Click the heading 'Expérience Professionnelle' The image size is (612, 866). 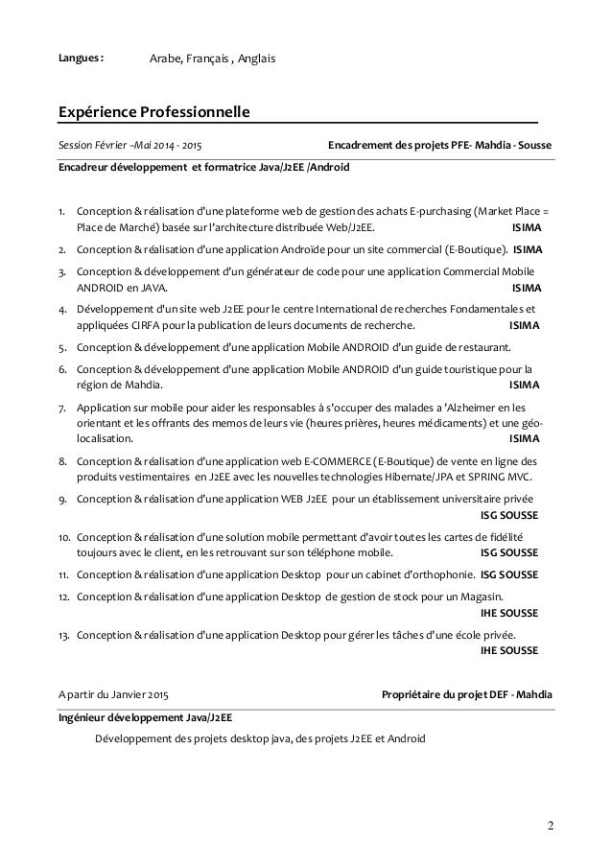pyautogui.click(x=153, y=115)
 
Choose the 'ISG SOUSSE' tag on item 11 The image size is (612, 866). pyautogui.click(x=508, y=574)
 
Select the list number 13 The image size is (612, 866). pyautogui.click(x=63, y=635)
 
